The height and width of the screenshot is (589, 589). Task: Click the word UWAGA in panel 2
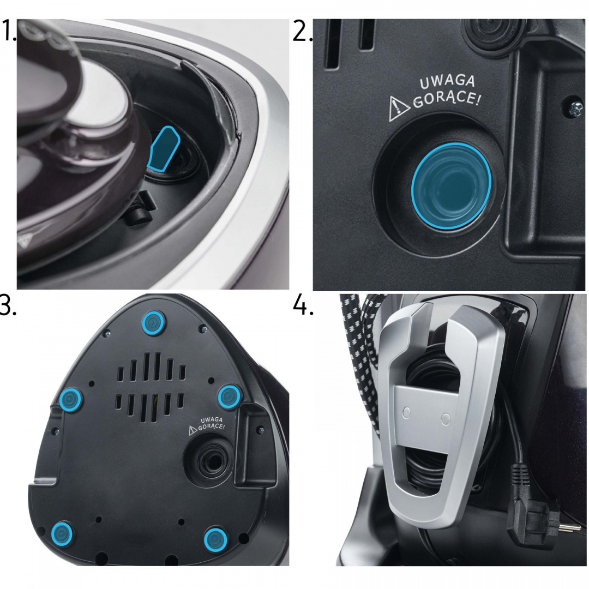(447, 82)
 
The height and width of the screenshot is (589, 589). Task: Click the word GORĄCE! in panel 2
(447, 99)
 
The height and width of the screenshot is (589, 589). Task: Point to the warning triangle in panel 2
(398, 110)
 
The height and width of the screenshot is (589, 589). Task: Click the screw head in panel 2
(574, 109)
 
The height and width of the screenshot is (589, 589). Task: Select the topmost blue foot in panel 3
(153, 322)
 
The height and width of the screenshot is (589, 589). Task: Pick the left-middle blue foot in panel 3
(70, 400)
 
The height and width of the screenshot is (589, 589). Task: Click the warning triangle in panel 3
(193, 430)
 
